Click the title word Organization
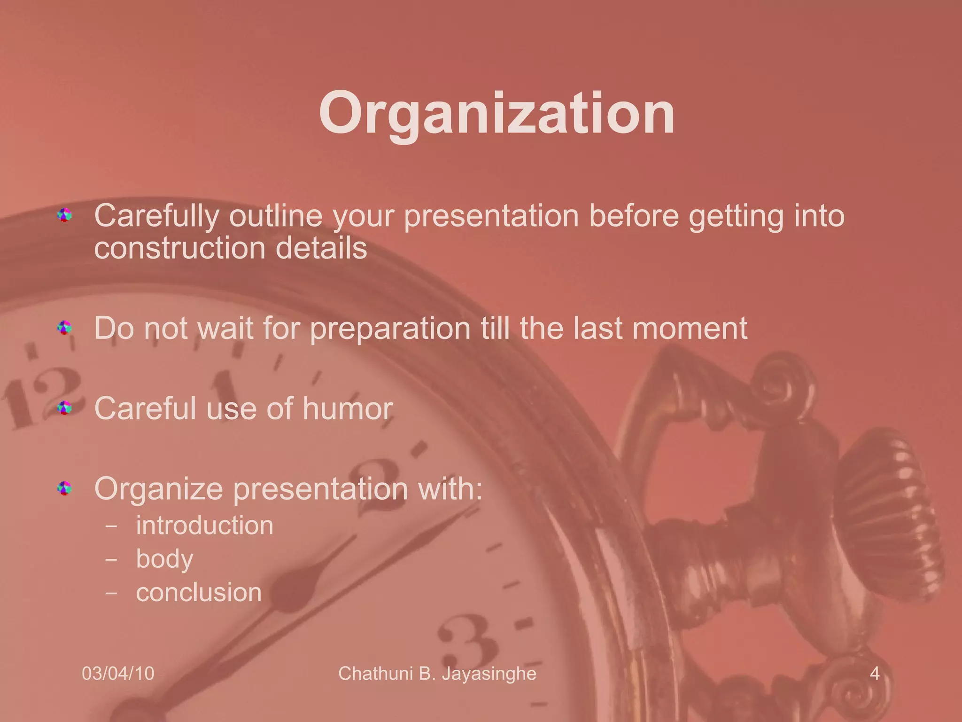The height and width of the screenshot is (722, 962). pyautogui.click(x=497, y=114)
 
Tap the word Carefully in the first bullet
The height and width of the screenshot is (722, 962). pyautogui.click(x=156, y=217)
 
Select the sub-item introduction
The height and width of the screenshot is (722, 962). pyautogui.click(x=204, y=525)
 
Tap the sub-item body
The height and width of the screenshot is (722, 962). pyautogui.click(x=164, y=559)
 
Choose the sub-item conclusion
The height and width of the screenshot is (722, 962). pyautogui.click(x=198, y=592)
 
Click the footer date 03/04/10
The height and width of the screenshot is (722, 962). pyautogui.click(x=118, y=674)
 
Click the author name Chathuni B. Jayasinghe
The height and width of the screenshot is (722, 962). pyautogui.click(x=437, y=674)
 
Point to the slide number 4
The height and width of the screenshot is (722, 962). pyautogui.click(x=874, y=674)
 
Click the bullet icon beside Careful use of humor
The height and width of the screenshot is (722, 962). pyautogui.click(x=64, y=408)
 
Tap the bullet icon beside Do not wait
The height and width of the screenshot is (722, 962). pyautogui.click(x=64, y=327)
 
